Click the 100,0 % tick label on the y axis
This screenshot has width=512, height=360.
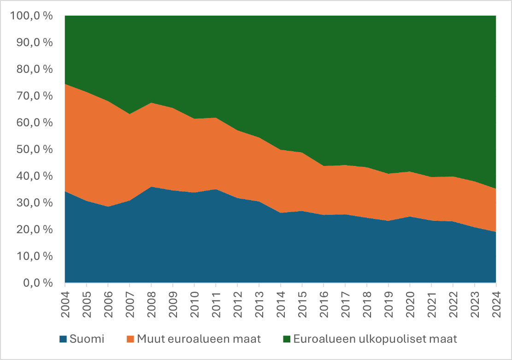click(31, 16)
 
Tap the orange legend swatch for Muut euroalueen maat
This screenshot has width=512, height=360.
click(131, 340)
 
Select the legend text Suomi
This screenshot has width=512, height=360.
click(87, 340)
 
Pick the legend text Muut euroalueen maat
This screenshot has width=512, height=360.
click(199, 340)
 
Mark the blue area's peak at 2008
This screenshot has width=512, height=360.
click(151, 187)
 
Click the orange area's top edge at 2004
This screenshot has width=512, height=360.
click(65, 84)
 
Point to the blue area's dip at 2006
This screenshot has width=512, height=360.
click(108, 207)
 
